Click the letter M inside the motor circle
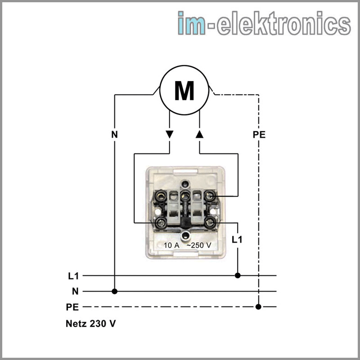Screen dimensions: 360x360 coord(184,91)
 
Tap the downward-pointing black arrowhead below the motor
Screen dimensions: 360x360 coord(169,134)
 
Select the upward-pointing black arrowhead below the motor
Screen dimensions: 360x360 coord(200,134)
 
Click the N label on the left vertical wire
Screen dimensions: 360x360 coord(114,134)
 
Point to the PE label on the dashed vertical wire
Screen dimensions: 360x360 coord(259,134)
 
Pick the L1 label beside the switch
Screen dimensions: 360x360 coord(237,239)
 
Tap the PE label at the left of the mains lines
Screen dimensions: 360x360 coord(72,307)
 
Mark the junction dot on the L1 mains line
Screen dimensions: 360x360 coord(238,275)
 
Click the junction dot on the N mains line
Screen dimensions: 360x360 coord(115,292)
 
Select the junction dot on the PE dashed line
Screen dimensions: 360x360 coord(258,307)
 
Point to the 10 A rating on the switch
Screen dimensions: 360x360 coord(171,245)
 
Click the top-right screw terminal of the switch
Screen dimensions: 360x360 coord(209,196)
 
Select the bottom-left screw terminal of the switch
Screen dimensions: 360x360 coord(159,222)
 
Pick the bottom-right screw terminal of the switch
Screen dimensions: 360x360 coord(209,222)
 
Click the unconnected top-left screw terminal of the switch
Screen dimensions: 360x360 coord(159,196)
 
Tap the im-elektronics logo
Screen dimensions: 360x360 coord(264,23)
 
